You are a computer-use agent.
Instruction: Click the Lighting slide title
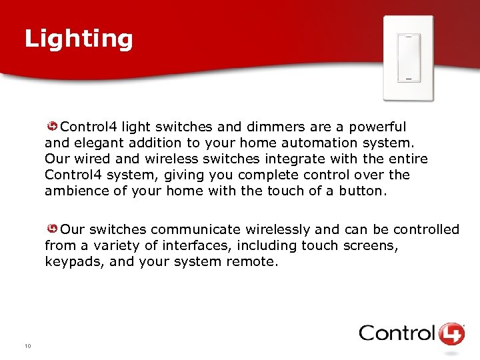tap(79, 39)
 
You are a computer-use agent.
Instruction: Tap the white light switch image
tap(408, 58)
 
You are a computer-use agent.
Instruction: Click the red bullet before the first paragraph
tap(52, 127)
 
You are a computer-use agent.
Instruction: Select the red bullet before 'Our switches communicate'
tap(52, 229)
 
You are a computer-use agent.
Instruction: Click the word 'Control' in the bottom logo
tap(397, 333)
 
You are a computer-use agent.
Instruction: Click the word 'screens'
tap(370, 245)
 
